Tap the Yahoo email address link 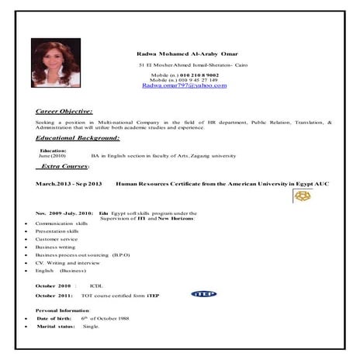tap(185, 86)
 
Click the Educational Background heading tap(78, 137)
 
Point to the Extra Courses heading tap(65, 166)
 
